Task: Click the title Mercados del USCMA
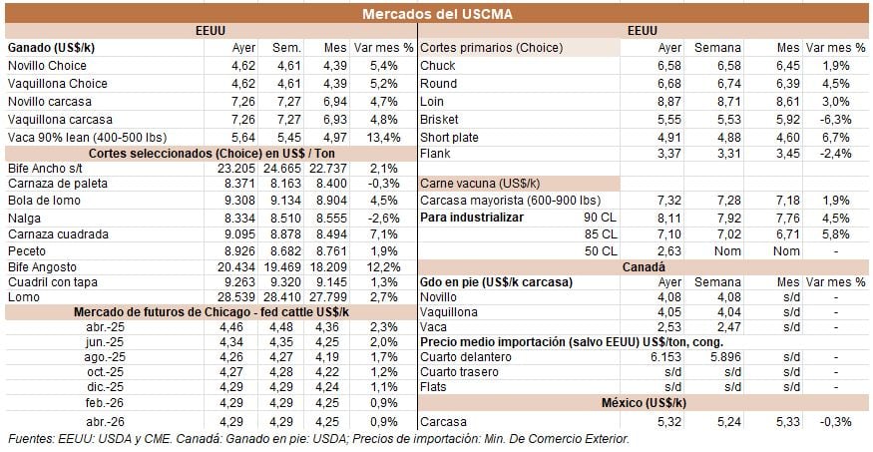pos(436,12)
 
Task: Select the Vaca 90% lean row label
pos(73,137)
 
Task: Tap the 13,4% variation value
pos(384,137)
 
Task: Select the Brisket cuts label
pos(440,119)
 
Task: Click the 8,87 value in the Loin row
pos(667,101)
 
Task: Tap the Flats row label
pos(435,386)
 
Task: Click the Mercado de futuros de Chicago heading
pos(212,312)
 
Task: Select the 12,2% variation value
pos(384,268)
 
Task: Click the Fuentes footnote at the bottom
pos(317,439)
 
